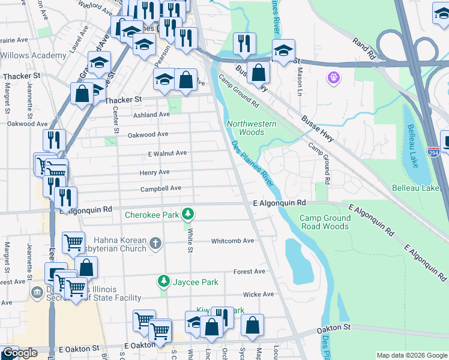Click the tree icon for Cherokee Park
coord(188,214)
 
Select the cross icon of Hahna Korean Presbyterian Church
coord(155,244)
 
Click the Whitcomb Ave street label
coord(232,241)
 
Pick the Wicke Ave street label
coord(258,294)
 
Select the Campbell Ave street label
coord(161,188)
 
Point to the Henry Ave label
coord(155,172)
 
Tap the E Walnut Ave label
coord(167,153)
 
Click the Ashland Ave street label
coord(152,115)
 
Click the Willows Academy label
coord(33,55)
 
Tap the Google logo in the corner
coord(19,353)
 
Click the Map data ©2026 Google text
coord(411,355)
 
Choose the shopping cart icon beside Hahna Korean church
coord(73,243)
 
